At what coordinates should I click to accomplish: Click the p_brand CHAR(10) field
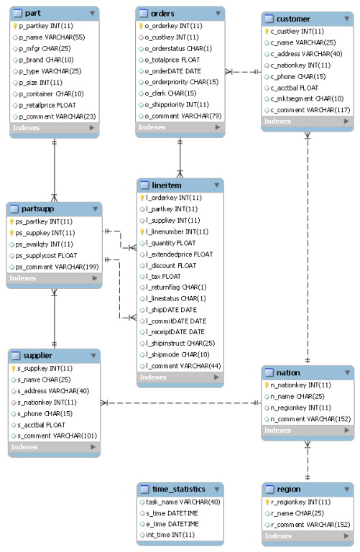(46, 60)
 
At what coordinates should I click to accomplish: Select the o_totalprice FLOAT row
(172, 60)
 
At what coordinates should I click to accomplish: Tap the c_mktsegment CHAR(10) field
(307, 98)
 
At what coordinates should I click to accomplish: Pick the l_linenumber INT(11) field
(177, 231)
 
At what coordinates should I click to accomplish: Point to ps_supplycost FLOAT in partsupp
(46, 256)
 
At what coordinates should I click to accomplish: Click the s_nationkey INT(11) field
(47, 402)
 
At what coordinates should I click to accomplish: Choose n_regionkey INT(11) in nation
(300, 408)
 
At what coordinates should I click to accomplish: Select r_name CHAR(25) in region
(297, 513)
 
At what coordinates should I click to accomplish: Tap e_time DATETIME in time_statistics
(172, 524)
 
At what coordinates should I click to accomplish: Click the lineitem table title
(167, 185)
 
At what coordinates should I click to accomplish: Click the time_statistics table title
(179, 489)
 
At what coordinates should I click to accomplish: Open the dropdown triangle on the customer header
(346, 19)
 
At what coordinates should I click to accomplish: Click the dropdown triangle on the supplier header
(93, 356)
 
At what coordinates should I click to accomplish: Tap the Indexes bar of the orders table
(180, 127)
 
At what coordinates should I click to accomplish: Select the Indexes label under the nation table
(277, 431)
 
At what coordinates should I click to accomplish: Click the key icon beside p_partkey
(15, 26)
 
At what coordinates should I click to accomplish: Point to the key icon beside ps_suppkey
(11, 233)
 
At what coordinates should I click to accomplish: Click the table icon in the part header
(17, 14)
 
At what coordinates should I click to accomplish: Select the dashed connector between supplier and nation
(181, 402)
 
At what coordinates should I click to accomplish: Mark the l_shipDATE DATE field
(172, 310)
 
